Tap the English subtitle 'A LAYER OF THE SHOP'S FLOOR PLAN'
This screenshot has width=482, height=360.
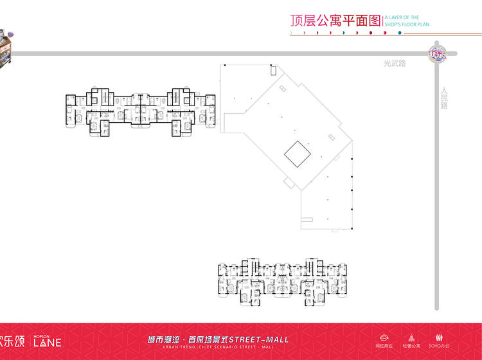(407, 21)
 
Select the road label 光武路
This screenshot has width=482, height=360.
(395, 63)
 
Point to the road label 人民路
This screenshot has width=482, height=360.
(444, 98)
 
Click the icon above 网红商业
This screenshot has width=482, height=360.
(385, 338)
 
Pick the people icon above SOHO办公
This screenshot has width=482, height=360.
(440, 338)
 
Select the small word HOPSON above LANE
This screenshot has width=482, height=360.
(39, 335)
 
